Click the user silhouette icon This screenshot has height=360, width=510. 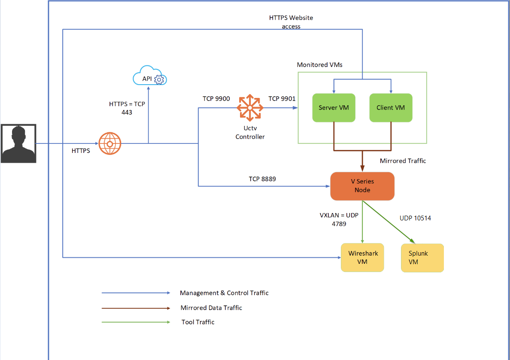(x=18, y=143)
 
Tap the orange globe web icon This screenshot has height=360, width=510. (x=110, y=143)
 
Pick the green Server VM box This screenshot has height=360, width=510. (x=334, y=107)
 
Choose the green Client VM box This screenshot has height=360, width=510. (x=391, y=107)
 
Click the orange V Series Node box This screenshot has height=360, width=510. (x=362, y=186)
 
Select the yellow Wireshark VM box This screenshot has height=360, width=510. (x=362, y=258)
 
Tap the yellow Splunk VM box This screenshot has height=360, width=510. (x=422, y=258)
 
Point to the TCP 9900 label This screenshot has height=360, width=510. (x=216, y=99)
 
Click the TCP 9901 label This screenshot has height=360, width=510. (x=282, y=99)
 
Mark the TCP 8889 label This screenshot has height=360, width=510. (x=262, y=179)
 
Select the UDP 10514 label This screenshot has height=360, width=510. (x=415, y=218)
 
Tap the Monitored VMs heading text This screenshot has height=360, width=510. (x=320, y=65)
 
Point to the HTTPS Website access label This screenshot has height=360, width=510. (x=291, y=22)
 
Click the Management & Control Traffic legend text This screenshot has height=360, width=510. (x=224, y=293)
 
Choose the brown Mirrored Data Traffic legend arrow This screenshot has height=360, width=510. (x=136, y=308)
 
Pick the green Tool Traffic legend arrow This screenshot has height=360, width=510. (x=136, y=322)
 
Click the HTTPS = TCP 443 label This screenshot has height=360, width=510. (x=127, y=108)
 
